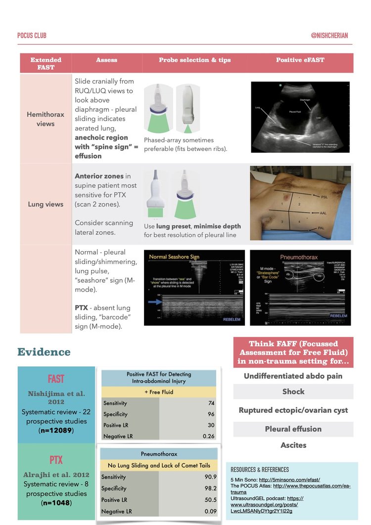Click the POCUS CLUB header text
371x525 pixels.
click(x=32, y=36)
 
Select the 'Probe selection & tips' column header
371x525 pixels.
click(x=194, y=60)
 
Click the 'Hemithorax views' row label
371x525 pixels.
click(x=46, y=119)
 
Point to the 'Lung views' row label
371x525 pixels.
click(x=46, y=204)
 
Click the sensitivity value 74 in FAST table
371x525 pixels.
click(x=211, y=403)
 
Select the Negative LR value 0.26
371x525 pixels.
click(x=209, y=436)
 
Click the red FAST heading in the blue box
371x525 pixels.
click(x=56, y=379)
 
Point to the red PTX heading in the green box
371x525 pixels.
click(x=56, y=460)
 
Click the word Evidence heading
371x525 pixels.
click(x=44, y=352)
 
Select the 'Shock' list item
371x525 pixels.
click(x=293, y=392)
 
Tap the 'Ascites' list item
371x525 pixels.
click(x=293, y=445)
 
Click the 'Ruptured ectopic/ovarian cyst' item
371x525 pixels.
click(x=293, y=410)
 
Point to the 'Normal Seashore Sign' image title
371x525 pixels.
click(x=175, y=257)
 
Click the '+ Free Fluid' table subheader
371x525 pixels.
click(x=159, y=392)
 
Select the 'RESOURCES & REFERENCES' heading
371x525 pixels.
click(x=260, y=470)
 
